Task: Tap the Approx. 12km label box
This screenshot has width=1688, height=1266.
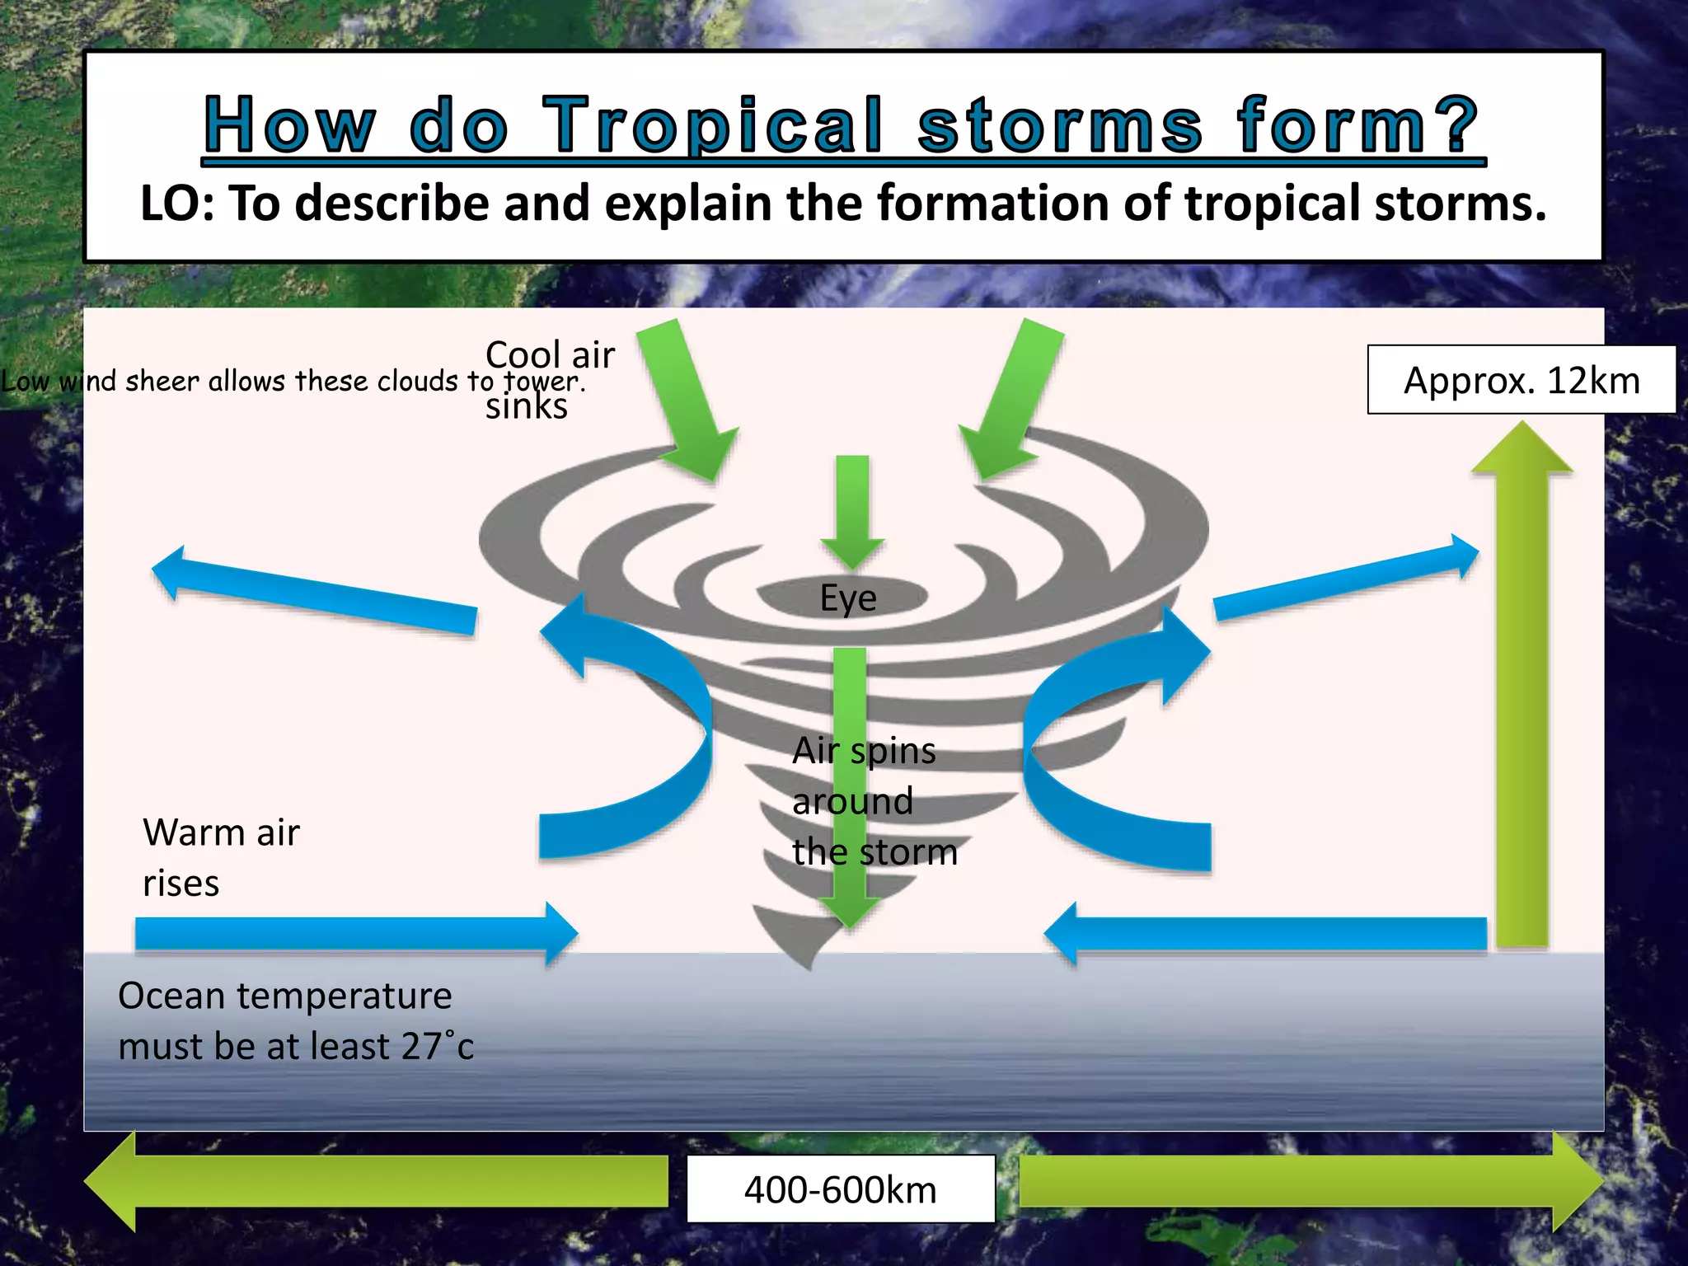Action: click(x=1521, y=380)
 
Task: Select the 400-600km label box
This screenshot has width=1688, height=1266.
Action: click(x=841, y=1189)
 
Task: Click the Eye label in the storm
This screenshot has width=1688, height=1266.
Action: click(x=847, y=598)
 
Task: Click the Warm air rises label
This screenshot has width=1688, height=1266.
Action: click(x=220, y=857)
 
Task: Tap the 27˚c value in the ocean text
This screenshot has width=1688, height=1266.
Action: click(x=437, y=1047)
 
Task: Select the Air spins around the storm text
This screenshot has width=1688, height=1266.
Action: click(x=874, y=800)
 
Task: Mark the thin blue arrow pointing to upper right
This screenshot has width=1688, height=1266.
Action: click(x=1343, y=581)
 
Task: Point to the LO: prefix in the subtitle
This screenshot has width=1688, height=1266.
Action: click(x=177, y=204)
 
